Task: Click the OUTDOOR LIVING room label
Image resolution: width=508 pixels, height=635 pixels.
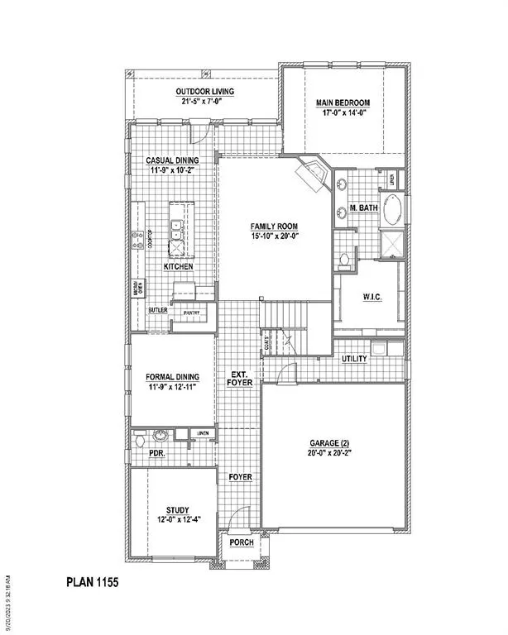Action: (204, 91)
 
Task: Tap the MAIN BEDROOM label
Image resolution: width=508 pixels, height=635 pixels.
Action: (343, 103)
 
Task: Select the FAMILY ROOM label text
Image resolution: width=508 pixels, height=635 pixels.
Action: (274, 227)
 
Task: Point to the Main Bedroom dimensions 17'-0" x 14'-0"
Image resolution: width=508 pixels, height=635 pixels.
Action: (343, 115)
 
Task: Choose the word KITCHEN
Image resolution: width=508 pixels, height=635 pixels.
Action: (178, 267)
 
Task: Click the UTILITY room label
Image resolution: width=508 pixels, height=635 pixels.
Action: (355, 359)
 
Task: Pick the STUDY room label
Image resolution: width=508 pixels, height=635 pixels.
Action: (177, 509)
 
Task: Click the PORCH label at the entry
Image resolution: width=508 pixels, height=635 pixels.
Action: (242, 542)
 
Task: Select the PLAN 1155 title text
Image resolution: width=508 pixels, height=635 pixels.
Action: (93, 582)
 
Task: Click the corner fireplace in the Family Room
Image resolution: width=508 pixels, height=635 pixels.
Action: (313, 174)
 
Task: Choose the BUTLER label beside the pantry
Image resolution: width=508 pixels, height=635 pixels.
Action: (158, 310)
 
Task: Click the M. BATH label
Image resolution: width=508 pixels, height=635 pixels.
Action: (364, 207)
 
